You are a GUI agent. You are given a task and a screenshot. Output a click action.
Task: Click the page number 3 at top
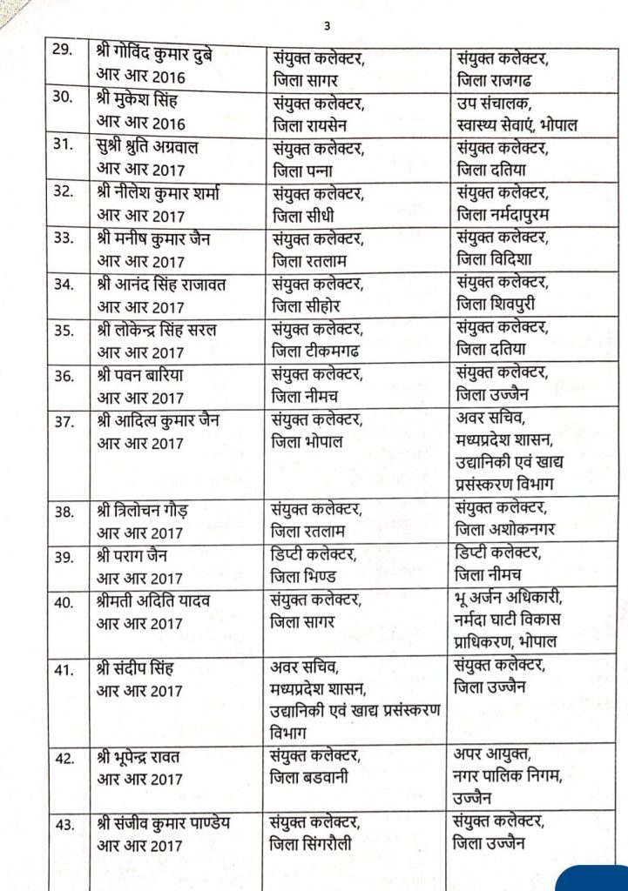coord(327,25)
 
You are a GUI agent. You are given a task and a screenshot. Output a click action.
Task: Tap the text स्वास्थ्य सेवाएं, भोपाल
coord(516,124)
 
